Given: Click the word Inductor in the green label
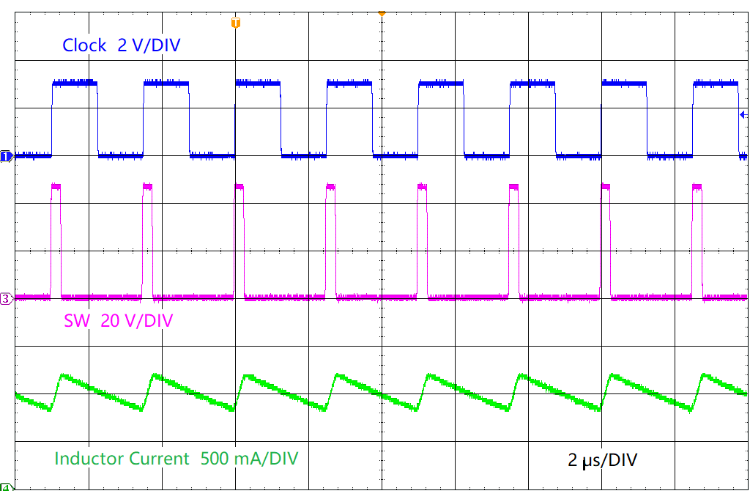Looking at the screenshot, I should click(x=89, y=459).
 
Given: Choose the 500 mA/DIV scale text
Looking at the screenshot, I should click(x=250, y=459).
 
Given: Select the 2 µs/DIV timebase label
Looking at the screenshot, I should click(x=602, y=460).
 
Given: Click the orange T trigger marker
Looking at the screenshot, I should click(x=235, y=23).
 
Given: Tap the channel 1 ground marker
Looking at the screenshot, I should click(x=6, y=156).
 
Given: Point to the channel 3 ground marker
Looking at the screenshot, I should click(x=6, y=298).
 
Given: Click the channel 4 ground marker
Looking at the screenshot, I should click(x=6, y=488).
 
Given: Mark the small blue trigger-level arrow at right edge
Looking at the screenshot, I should click(x=743, y=114).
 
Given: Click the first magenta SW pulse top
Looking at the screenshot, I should click(x=56, y=187).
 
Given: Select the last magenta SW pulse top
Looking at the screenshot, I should click(x=697, y=187).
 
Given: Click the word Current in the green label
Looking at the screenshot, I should click(x=158, y=459).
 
